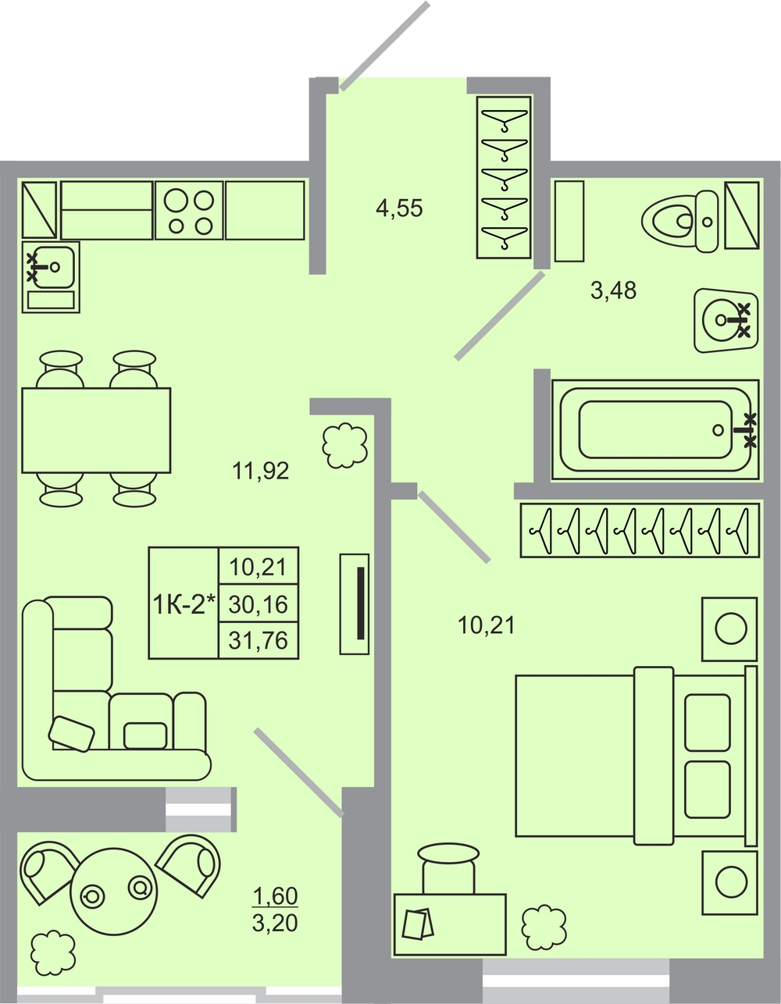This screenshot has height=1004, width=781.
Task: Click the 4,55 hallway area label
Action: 399,208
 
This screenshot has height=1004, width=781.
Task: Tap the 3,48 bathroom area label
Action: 613,291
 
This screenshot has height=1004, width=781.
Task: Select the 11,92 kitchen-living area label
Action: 261,471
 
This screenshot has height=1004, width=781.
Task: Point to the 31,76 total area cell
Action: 259,640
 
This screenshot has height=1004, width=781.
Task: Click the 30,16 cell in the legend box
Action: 259,603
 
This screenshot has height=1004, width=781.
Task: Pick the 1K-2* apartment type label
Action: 184,603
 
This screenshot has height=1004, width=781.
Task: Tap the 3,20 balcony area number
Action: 275,923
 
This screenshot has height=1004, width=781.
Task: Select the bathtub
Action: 655,429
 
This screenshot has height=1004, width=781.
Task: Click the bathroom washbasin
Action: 726,320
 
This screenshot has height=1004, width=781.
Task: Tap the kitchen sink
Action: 51,276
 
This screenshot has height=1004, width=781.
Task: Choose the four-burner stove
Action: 190,210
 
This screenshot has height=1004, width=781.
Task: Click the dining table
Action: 96,430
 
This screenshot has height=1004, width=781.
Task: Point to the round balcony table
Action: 114,892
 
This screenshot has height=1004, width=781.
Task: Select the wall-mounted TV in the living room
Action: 355,603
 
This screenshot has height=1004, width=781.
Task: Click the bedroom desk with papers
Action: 450,924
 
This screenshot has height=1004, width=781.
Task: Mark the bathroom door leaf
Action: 500,316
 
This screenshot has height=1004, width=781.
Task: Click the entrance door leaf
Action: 384,45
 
